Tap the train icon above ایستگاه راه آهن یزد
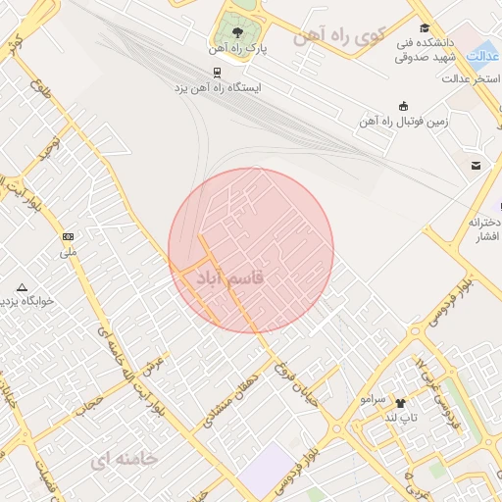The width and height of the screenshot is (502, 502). click(217, 72)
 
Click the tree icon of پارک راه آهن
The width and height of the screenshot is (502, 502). click(232, 30)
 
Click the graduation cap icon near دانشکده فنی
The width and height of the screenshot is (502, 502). click(424, 27)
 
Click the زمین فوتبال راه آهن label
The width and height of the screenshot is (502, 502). click(403, 122)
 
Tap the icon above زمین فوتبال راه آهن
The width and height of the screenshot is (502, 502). click(403, 105)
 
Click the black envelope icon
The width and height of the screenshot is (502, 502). click(476, 166)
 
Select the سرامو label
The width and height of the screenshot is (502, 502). click(374, 400)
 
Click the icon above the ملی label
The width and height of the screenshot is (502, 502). click(68, 236)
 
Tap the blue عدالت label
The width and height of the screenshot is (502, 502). click(481, 55)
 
